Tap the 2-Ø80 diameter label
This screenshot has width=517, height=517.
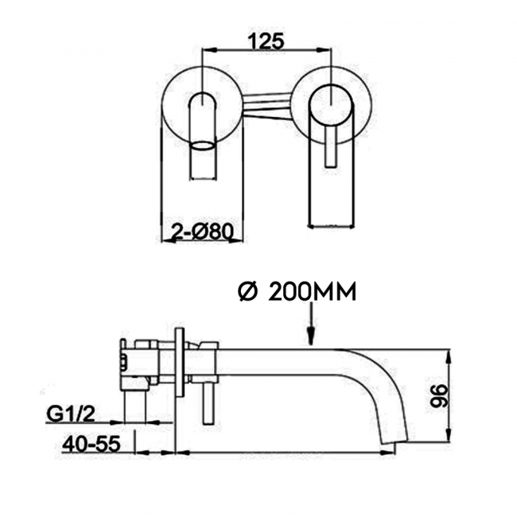(202, 231)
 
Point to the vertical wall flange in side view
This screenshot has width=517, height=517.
(181, 362)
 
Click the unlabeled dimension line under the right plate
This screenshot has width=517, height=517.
(330, 227)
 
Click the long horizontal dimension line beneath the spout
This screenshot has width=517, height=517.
(286, 453)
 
